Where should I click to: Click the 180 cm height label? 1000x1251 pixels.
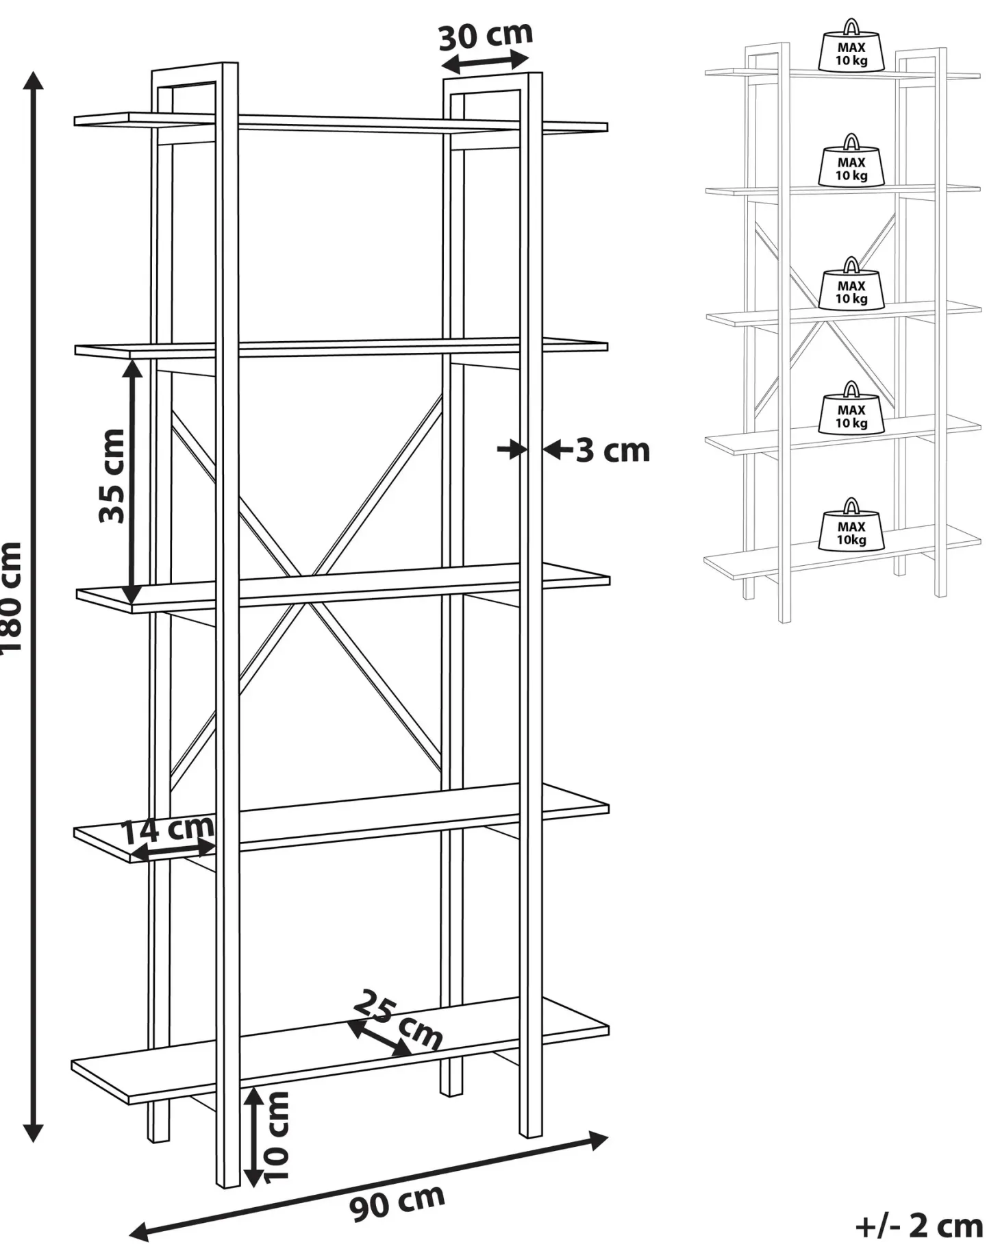click(12, 597)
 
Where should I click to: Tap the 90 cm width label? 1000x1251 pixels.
click(397, 1202)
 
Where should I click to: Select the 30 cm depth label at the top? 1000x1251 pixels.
click(485, 36)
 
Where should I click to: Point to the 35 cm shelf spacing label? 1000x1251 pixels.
click(112, 475)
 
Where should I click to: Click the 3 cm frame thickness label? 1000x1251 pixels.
click(612, 450)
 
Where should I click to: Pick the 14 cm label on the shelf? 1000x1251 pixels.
click(168, 830)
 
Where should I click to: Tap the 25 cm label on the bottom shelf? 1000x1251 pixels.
click(398, 1020)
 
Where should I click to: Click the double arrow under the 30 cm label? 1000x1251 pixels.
click(485, 62)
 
